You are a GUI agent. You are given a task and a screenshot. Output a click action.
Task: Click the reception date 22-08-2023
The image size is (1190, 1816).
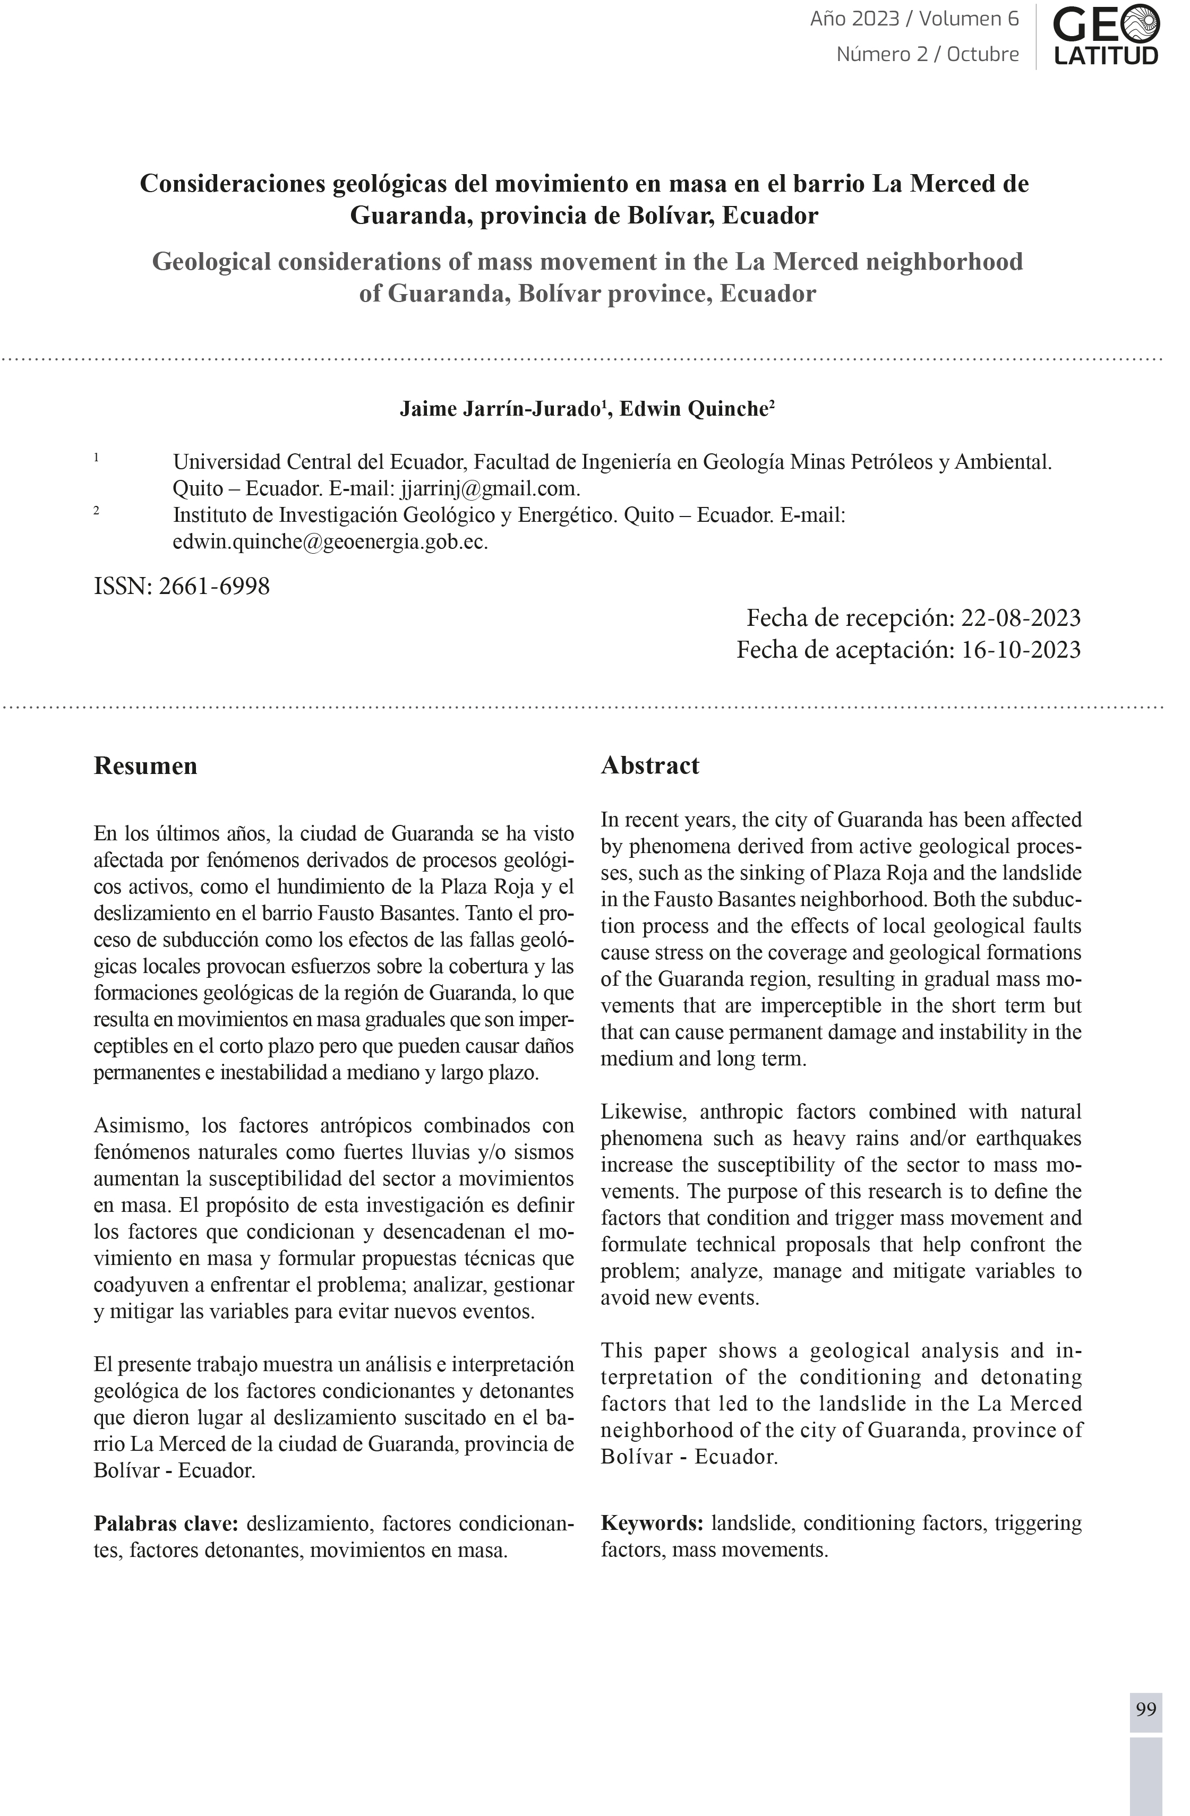[x=1021, y=617]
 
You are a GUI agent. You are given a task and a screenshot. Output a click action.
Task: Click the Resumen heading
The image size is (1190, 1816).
[x=145, y=765]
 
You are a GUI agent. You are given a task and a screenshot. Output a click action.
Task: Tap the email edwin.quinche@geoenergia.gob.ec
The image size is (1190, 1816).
[x=330, y=542]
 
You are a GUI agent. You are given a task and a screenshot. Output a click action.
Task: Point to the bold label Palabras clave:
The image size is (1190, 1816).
[x=166, y=1524]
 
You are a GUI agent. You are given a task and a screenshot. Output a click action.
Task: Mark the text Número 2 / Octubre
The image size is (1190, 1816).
[x=928, y=54]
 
